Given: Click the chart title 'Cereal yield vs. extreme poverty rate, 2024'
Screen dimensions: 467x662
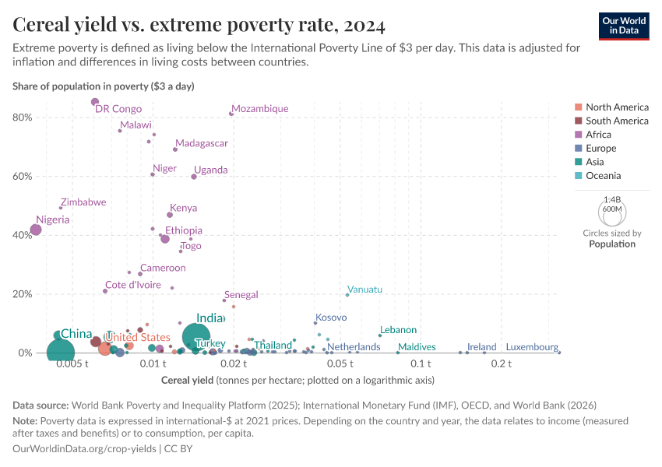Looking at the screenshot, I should click(x=199, y=26).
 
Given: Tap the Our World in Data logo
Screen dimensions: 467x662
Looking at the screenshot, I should click(x=624, y=26).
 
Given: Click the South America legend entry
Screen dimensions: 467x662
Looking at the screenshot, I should click(x=617, y=121).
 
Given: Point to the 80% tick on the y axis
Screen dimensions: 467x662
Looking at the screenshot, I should click(x=23, y=118).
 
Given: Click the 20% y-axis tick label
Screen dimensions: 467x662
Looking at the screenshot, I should click(x=23, y=294).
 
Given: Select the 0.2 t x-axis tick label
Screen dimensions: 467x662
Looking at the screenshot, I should click(x=502, y=363).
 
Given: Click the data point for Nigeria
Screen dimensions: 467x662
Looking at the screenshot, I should click(x=36, y=230).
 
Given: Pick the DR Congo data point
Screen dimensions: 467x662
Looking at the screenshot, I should click(x=95, y=102).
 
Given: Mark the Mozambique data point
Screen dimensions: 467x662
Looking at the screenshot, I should click(x=231, y=114).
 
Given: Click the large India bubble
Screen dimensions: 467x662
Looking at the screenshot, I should click(x=196, y=336).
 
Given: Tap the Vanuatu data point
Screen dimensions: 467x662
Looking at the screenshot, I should click(x=347, y=295).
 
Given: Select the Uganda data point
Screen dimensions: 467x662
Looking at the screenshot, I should click(x=194, y=177).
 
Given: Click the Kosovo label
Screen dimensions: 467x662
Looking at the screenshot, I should click(x=331, y=318).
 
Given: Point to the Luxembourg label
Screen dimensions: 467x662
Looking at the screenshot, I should click(x=532, y=347).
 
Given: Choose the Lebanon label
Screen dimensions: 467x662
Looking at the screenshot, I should click(x=398, y=330).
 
